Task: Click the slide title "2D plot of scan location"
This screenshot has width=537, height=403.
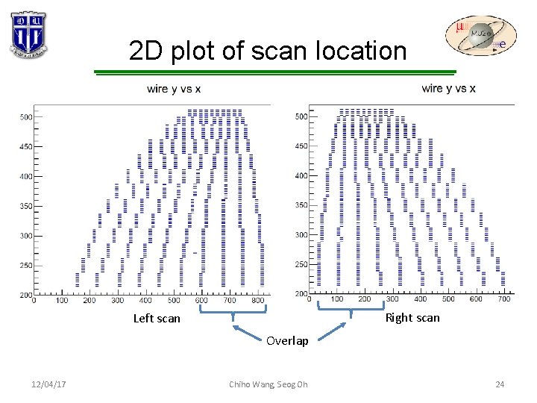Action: point(268,51)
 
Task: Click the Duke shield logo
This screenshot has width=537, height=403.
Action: point(28,34)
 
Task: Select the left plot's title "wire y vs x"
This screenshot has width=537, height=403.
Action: point(174,90)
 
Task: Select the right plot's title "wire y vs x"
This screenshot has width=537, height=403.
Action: point(448,89)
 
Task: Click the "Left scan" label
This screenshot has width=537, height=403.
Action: point(157,319)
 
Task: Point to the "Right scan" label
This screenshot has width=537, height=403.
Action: point(412,317)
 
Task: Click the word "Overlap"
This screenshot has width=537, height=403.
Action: point(287,341)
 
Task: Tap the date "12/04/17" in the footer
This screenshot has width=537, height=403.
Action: point(48,384)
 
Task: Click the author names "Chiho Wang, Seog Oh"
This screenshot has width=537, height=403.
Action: point(268,384)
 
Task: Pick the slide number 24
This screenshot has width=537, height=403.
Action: point(500,384)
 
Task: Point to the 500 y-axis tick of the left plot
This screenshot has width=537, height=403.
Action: point(26,117)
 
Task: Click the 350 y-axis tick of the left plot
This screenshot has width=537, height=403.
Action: point(26,206)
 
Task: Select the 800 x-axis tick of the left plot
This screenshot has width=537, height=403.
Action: point(257,301)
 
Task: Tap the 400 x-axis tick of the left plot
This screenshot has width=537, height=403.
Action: point(145,301)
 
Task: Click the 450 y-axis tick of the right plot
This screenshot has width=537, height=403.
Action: point(301,146)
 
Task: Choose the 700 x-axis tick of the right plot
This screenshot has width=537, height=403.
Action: point(503,299)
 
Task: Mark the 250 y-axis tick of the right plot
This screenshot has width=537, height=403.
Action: point(301,264)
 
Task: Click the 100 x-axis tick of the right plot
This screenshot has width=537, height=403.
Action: point(336,299)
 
